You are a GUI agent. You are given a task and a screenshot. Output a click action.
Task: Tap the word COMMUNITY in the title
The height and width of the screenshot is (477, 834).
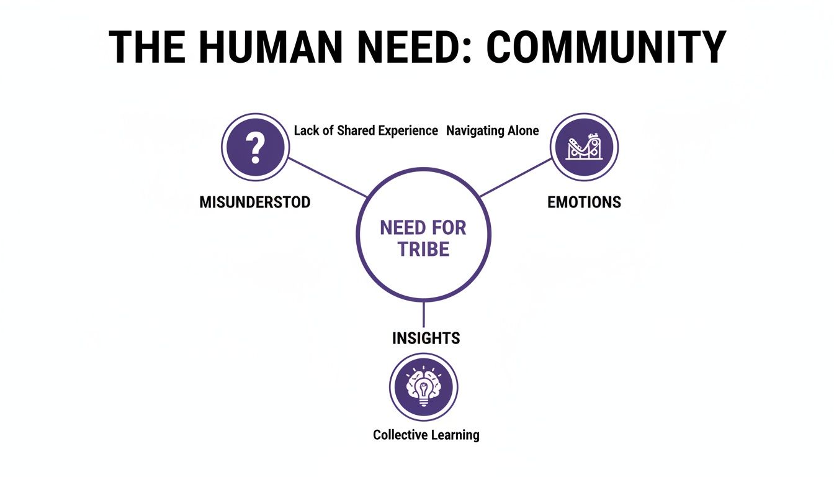click(x=606, y=47)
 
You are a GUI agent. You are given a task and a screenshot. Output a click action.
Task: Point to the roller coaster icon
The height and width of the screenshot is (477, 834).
click(x=584, y=147)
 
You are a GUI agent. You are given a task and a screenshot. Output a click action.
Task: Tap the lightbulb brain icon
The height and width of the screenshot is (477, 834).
click(x=423, y=387)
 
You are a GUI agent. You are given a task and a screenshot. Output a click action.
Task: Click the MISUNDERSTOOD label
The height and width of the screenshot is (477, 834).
click(x=255, y=202)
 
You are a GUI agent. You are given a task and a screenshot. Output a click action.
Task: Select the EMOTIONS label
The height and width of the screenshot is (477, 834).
click(x=584, y=202)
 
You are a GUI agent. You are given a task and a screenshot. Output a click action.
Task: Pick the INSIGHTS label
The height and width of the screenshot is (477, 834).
click(x=426, y=338)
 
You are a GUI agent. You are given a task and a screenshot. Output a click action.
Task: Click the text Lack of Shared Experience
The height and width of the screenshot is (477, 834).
click(x=365, y=130)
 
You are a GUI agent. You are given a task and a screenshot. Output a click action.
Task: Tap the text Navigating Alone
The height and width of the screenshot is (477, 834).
click(x=493, y=130)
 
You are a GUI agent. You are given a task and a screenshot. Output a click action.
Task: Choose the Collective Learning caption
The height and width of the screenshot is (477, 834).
click(x=426, y=435)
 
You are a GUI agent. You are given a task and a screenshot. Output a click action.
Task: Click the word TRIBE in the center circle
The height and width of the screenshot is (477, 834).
click(x=423, y=250)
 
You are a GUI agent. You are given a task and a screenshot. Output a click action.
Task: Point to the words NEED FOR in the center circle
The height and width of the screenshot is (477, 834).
click(x=423, y=228)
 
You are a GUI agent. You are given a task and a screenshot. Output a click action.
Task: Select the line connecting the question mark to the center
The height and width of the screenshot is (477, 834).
click(x=326, y=177)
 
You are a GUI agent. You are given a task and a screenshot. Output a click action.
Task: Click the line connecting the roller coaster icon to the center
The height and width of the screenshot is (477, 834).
click(x=516, y=178)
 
